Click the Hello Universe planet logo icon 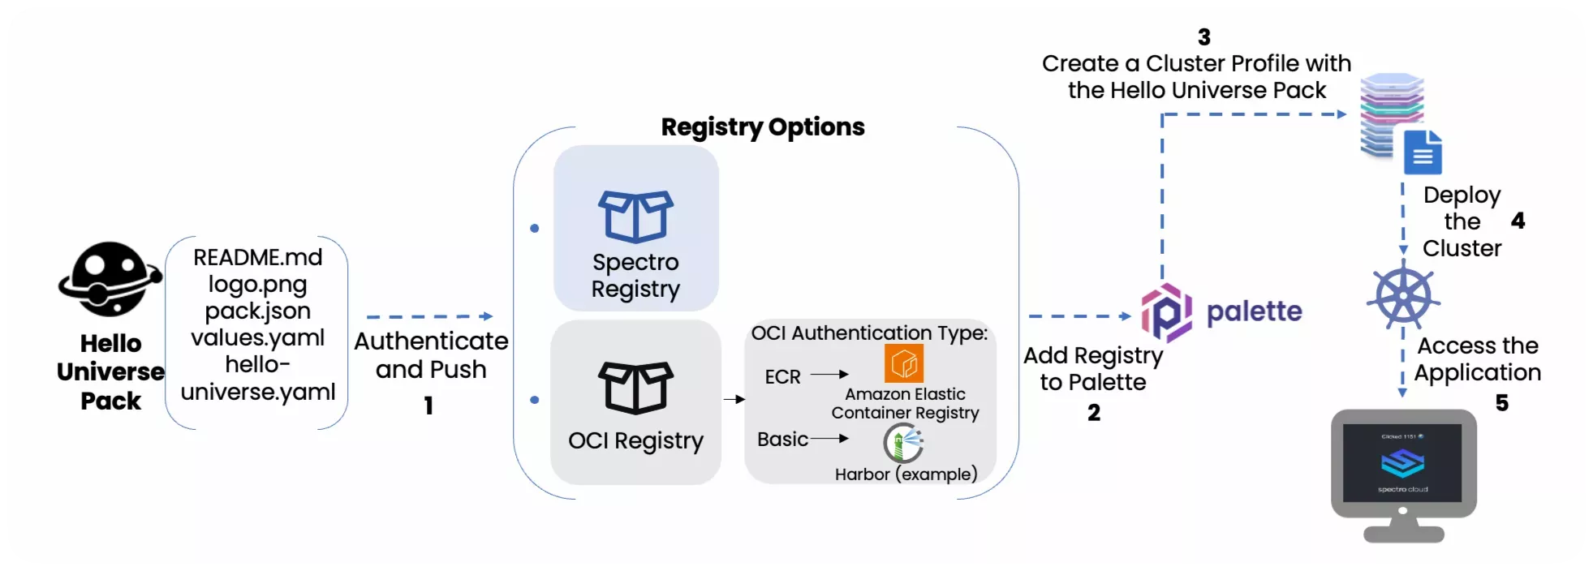point(109,279)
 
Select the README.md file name point(257,257)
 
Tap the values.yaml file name point(257,337)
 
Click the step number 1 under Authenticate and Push point(428,406)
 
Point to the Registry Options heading point(762,127)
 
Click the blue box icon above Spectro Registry point(635,217)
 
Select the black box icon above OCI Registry point(635,388)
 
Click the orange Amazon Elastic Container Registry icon point(903,363)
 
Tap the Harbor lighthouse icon point(903,443)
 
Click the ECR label point(782,377)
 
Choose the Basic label point(782,440)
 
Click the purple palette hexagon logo point(1166,313)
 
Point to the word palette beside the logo point(1254,311)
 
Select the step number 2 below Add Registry point(1094,413)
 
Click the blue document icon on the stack point(1423,152)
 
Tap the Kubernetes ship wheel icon point(1403,296)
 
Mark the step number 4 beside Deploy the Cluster point(1518,221)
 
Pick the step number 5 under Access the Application point(1501,403)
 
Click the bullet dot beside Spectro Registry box point(534,229)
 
